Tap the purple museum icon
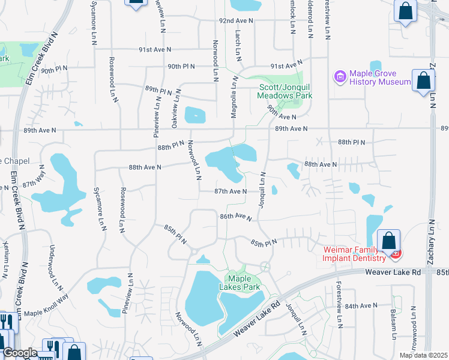click(x=340, y=77)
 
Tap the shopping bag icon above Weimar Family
click(x=388, y=241)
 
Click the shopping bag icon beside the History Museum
click(x=423, y=80)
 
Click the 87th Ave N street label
click(x=231, y=191)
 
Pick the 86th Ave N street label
click(x=235, y=216)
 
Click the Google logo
click(x=19, y=353)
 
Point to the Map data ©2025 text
click(x=423, y=355)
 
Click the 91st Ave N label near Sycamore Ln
click(x=154, y=49)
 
